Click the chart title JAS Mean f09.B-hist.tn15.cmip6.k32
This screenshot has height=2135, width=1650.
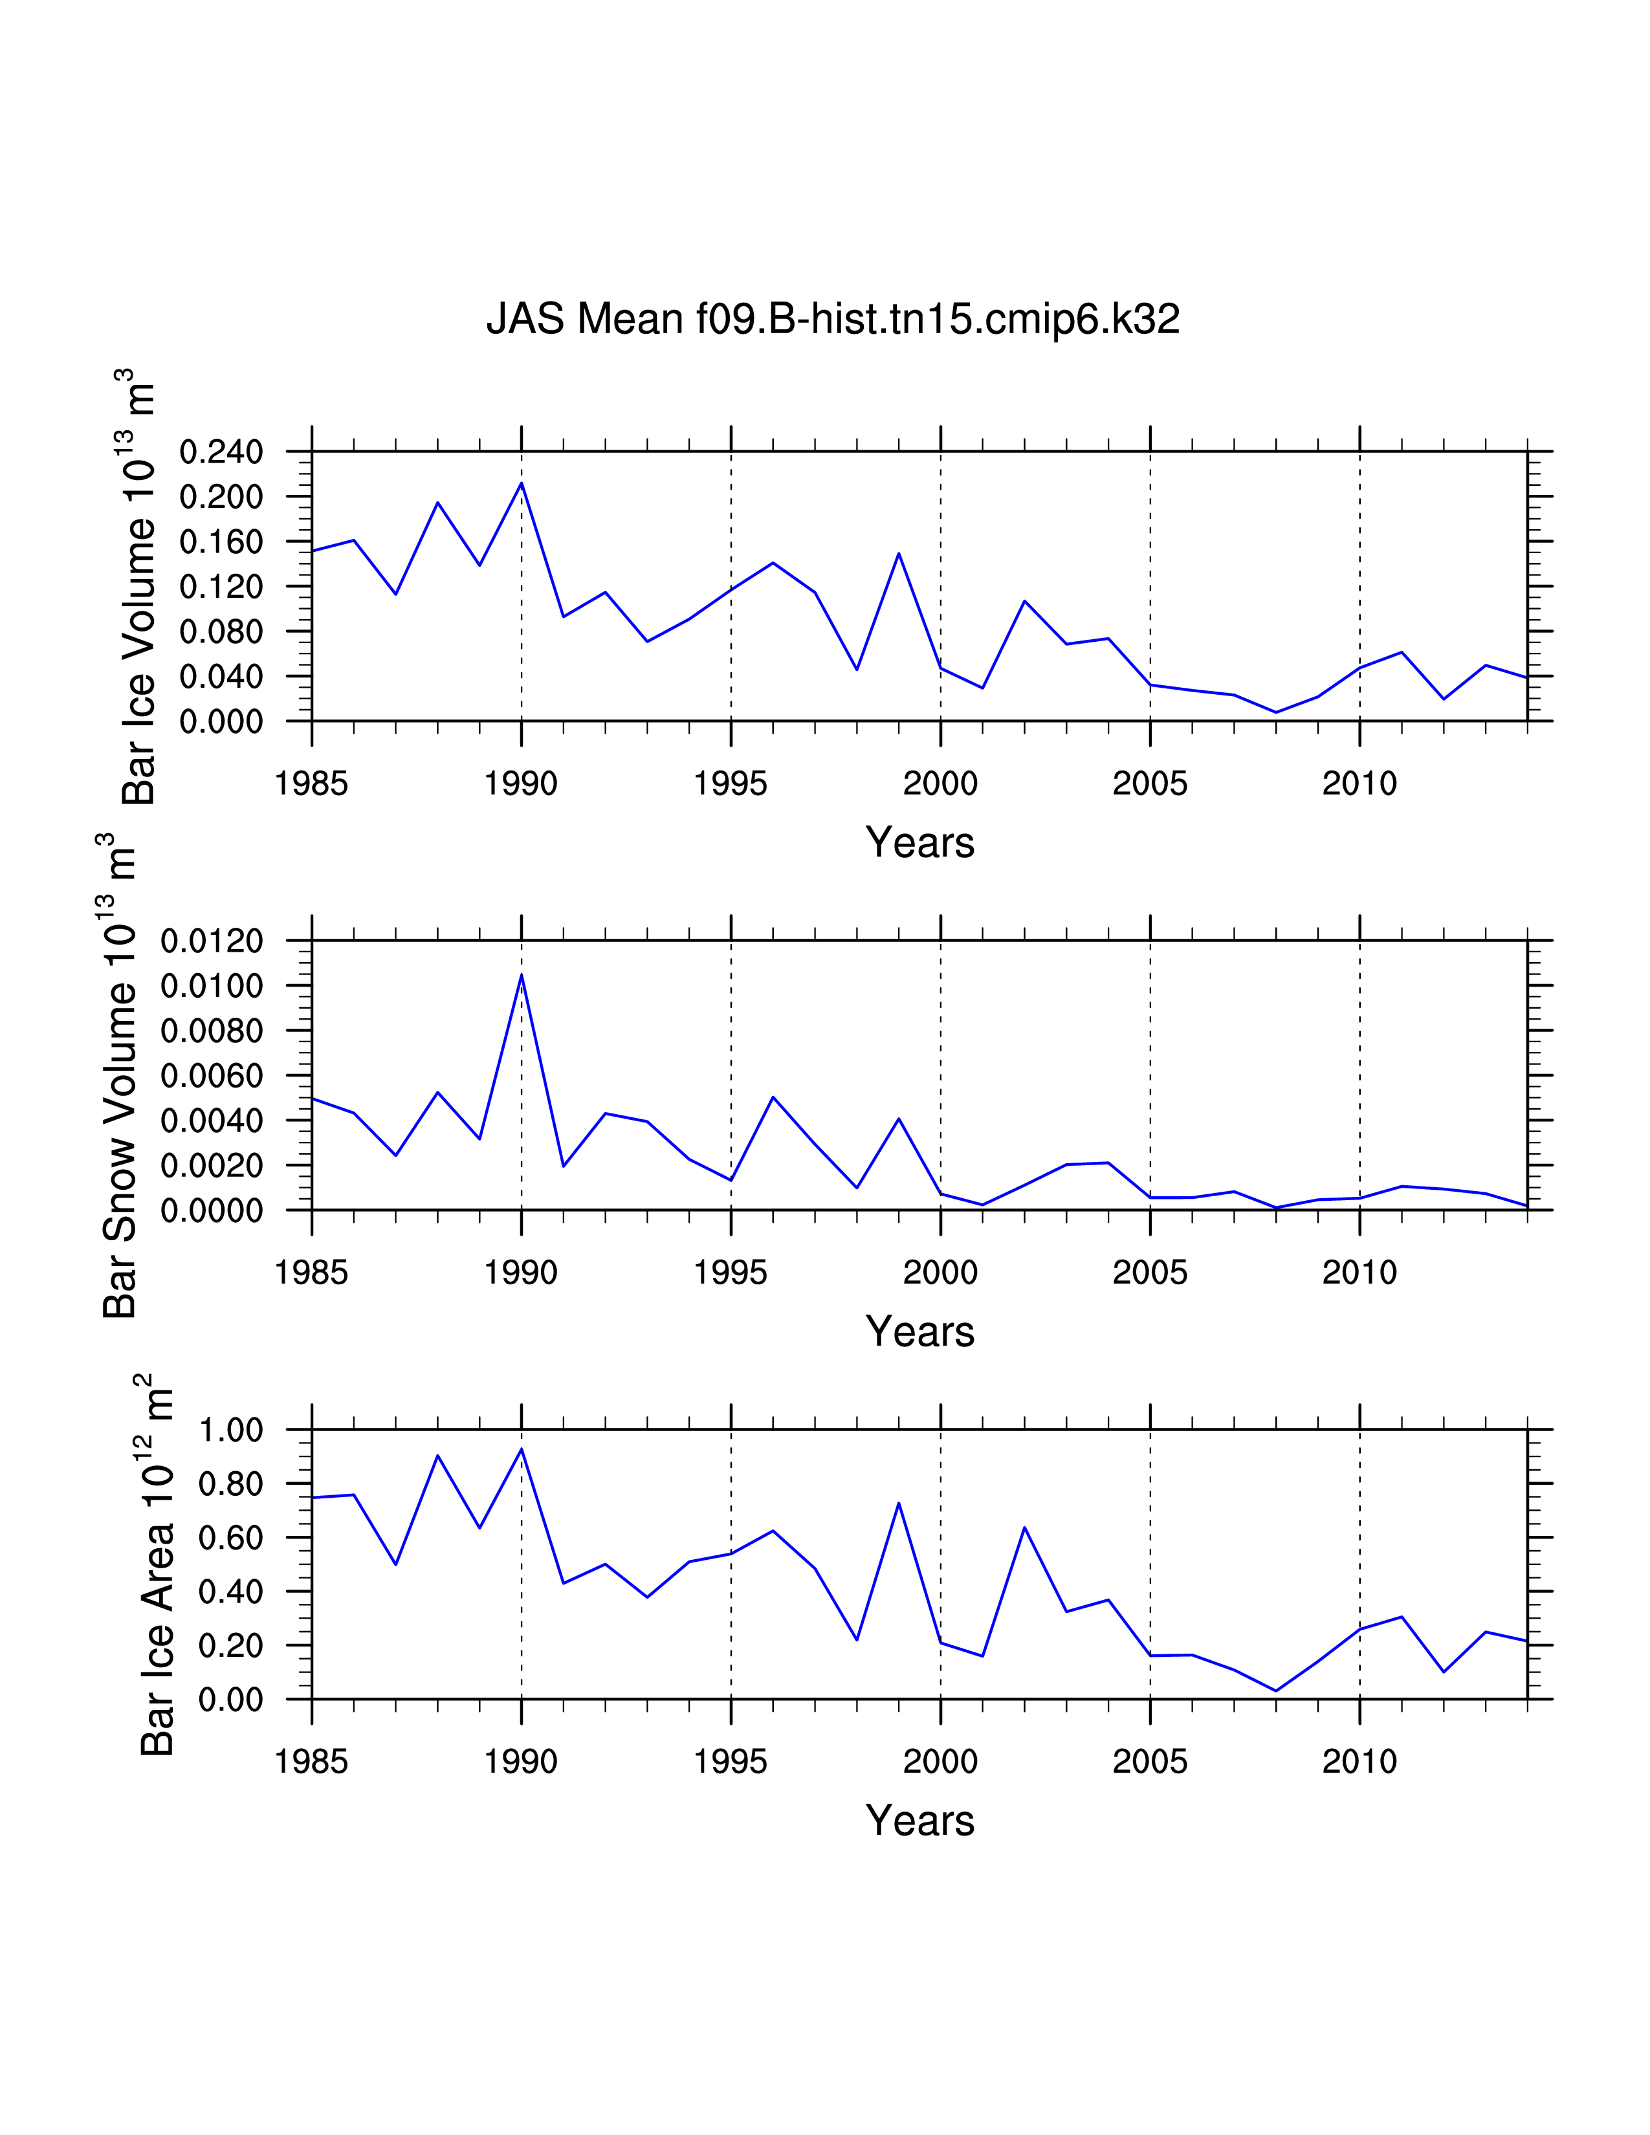tap(833, 320)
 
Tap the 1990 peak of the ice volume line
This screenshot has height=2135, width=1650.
tap(521, 483)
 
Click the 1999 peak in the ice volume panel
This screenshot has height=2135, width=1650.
tap(898, 553)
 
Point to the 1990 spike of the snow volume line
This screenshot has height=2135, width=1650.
tap(521, 974)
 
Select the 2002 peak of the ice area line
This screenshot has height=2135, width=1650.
tap(1024, 1527)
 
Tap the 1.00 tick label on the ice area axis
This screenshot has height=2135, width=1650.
tap(231, 1430)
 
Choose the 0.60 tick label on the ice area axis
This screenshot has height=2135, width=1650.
tap(231, 1538)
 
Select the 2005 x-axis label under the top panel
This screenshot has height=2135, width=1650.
tap(1150, 784)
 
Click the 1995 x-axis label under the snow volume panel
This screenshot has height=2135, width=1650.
tap(730, 1273)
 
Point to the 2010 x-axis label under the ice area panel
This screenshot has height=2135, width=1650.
tap(1359, 1762)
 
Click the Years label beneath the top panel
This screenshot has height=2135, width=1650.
tap(920, 842)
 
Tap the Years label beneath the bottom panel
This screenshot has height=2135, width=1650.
tap(920, 1820)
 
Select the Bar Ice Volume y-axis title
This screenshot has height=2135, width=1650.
tap(140, 587)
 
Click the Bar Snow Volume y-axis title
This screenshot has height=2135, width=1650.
tap(119, 1075)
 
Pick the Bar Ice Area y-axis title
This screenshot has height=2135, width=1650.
tap(157, 1564)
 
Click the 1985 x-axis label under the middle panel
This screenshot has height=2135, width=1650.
tap(312, 1273)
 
